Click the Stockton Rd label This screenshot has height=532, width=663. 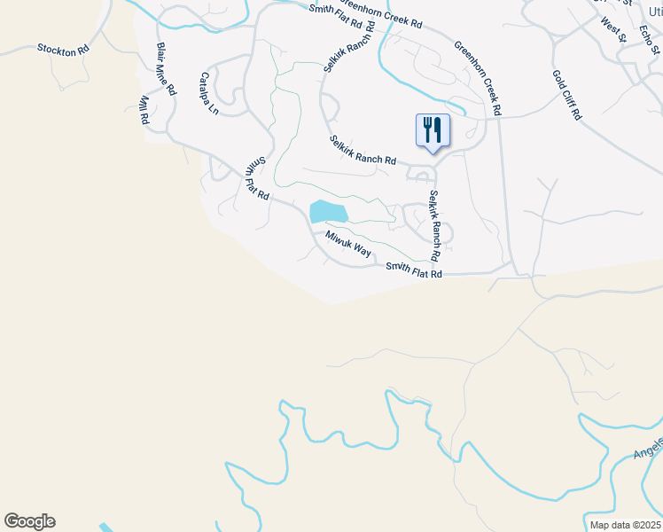(64, 49)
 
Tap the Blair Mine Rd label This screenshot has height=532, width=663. (167, 69)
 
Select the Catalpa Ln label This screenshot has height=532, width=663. (209, 93)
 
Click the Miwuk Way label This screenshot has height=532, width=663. (348, 244)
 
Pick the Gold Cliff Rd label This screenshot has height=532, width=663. (567, 95)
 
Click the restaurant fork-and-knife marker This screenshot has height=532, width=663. (433, 130)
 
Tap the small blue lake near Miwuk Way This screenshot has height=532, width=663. (326, 212)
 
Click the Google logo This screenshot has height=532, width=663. (29, 521)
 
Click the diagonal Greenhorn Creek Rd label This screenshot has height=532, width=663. (478, 78)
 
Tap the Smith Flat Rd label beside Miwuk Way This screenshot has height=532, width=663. (413, 270)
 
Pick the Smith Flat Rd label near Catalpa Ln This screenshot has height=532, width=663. (257, 178)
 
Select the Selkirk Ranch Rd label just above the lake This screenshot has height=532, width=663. (363, 150)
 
